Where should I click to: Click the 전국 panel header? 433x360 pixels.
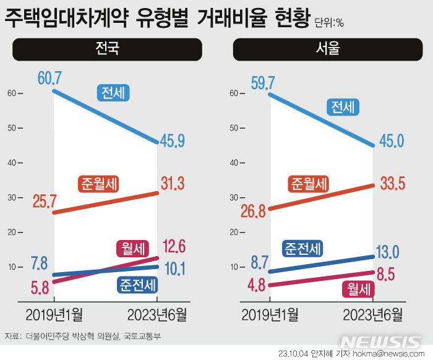pos(107,49)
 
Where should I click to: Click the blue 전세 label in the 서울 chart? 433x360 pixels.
pos(343,108)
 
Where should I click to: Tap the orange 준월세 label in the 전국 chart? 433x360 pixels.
pos(99,184)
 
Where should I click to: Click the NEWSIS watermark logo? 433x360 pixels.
pos(381,343)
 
